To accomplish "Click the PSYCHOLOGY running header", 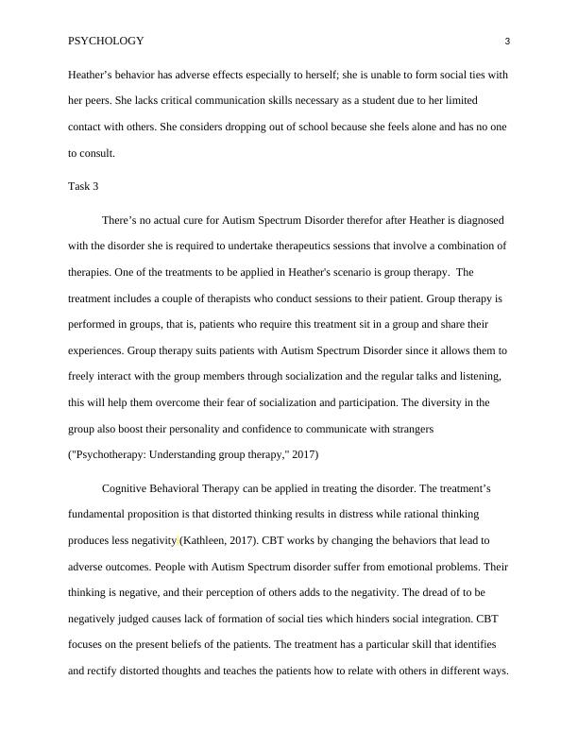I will click(106, 41).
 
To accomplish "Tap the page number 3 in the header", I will click(507, 41).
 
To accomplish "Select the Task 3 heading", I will click(83, 186).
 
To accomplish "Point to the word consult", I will click(97, 152).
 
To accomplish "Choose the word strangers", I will click(410, 429).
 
